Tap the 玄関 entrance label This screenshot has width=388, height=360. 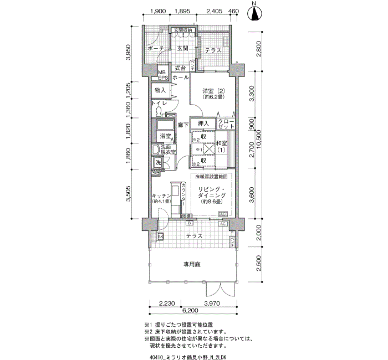[x=183, y=49]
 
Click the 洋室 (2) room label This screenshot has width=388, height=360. [x=212, y=94]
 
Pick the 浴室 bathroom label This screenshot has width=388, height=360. [x=165, y=136]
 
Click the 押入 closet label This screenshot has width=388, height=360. [x=203, y=123]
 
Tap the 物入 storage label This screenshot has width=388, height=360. [x=160, y=90]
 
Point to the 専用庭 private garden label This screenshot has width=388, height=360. [x=192, y=265]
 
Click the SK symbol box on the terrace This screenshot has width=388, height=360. [x=161, y=237]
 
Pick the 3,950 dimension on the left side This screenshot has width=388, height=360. [x=129, y=52]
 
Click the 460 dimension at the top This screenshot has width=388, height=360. [x=233, y=11]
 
